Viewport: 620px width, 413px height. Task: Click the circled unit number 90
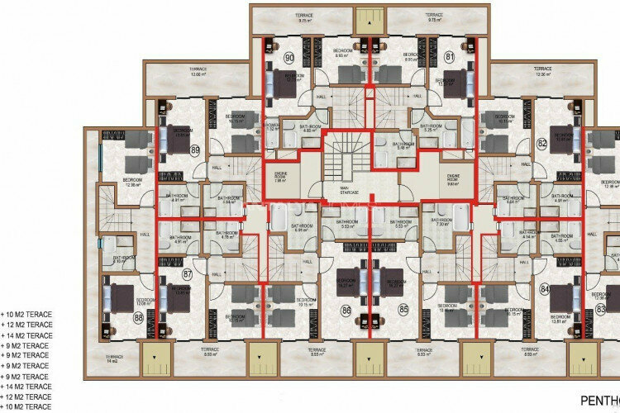266,58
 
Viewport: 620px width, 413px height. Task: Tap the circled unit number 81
449,58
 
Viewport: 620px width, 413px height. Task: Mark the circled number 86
346,311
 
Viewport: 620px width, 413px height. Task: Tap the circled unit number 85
403,311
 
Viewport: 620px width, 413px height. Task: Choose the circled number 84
544,289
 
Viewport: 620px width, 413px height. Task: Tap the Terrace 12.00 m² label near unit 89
174,73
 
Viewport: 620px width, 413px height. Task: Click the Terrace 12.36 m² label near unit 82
541,71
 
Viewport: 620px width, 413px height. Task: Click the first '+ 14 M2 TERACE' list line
28,335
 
